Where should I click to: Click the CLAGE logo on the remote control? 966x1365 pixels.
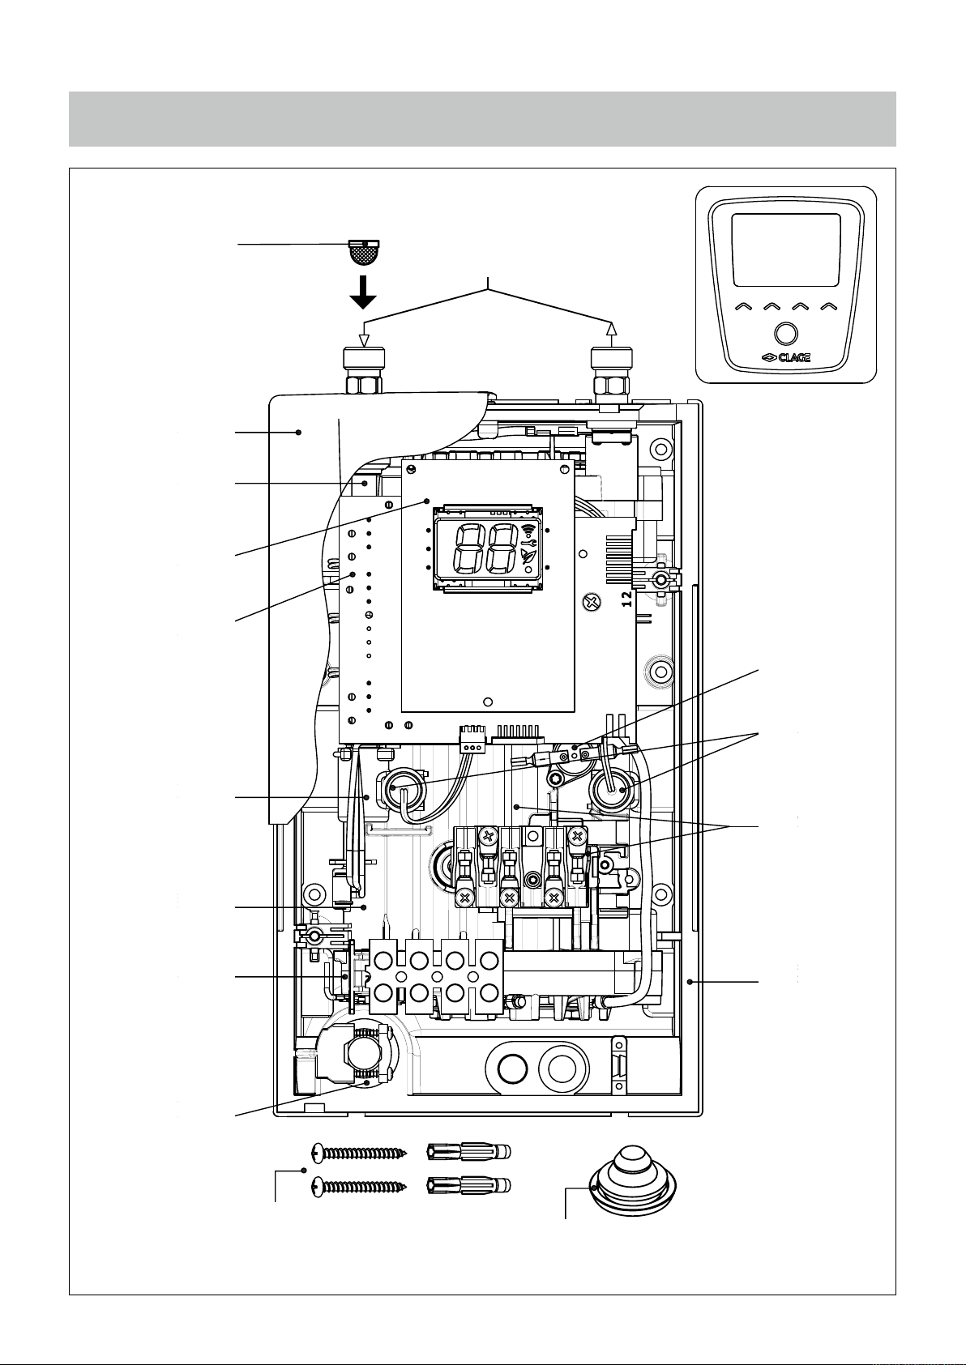click(x=786, y=358)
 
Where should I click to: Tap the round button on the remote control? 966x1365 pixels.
click(x=785, y=335)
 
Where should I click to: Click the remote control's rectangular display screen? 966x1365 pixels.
click(x=785, y=250)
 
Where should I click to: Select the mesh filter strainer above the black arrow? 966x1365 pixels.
click(x=364, y=252)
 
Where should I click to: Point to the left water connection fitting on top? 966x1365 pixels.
click(x=365, y=370)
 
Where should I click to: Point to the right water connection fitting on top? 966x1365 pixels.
click(x=612, y=372)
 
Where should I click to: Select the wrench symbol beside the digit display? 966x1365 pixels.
click(x=528, y=542)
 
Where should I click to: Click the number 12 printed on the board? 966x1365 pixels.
click(x=627, y=599)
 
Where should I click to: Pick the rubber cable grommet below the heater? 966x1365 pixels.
click(x=633, y=1182)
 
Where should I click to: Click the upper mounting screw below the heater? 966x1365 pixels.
click(x=360, y=1153)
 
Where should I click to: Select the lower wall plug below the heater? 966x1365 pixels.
click(x=469, y=1186)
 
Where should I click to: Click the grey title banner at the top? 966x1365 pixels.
click(x=482, y=119)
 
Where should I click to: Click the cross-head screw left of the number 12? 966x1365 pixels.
click(x=592, y=604)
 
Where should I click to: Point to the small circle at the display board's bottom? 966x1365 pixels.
click(x=488, y=702)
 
